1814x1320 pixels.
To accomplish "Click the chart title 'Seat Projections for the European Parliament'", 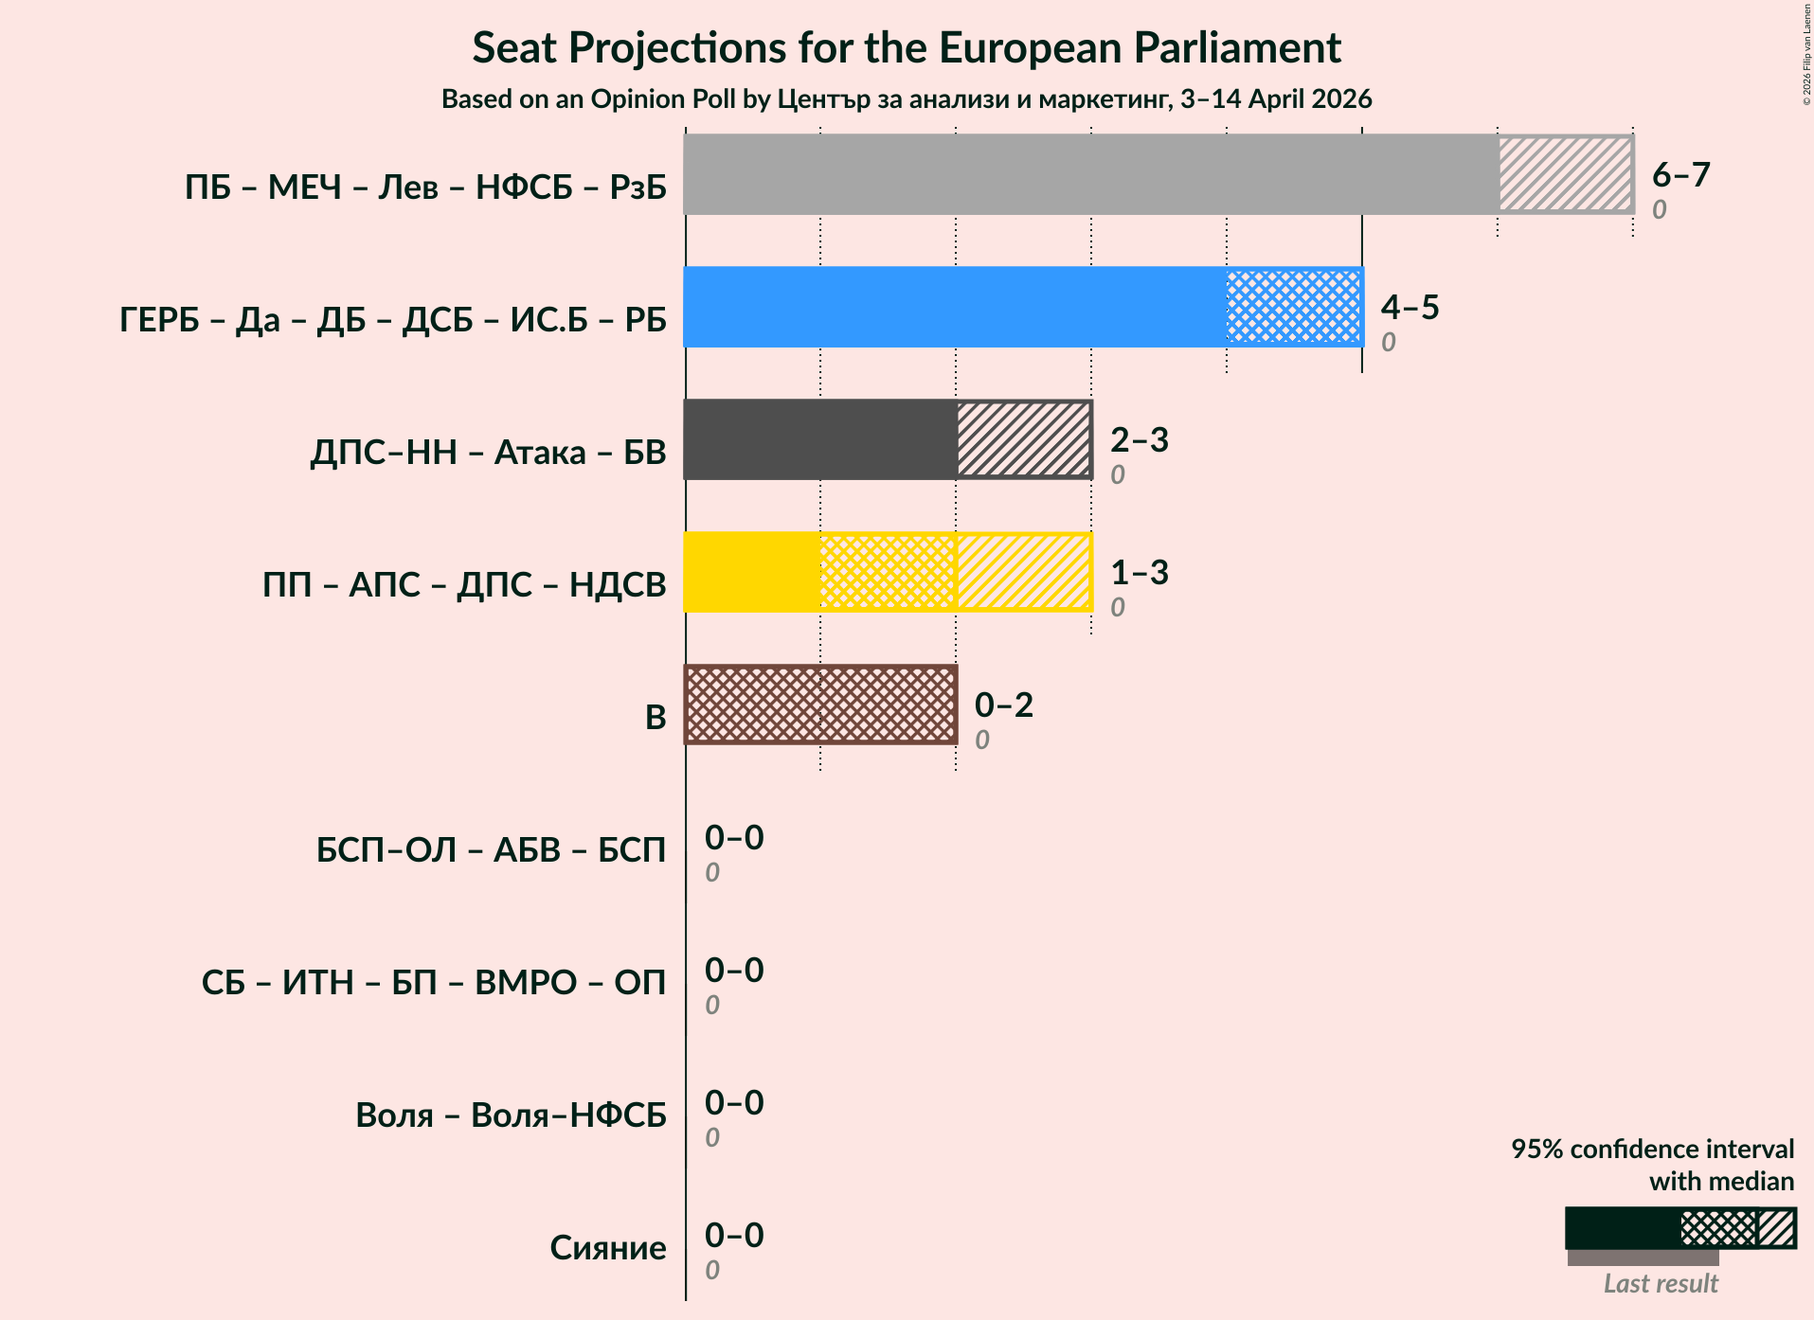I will pyautogui.click(x=907, y=47).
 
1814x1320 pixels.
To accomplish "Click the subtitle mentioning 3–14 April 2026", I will pyautogui.click(x=907, y=99).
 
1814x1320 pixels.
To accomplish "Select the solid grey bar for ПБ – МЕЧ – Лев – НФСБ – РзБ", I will pyautogui.click(x=1089, y=174).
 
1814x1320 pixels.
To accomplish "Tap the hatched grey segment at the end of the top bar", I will pyautogui.click(x=1565, y=174).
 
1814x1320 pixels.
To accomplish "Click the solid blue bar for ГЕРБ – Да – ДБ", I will pyautogui.click(x=954, y=307).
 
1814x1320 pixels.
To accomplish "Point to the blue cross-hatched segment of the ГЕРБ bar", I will pyautogui.click(x=1294, y=307).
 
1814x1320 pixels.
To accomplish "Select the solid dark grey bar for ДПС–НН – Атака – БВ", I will pyautogui.click(x=819, y=439).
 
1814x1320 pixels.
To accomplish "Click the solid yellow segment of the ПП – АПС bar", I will pyautogui.click(x=751, y=572).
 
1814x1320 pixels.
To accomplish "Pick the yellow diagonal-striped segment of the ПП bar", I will pyautogui.click(x=1023, y=572).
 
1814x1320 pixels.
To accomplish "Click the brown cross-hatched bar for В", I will pyautogui.click(x=820, y=705).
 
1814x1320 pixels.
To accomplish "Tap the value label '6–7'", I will pyautogui.click(x=1680, y=174).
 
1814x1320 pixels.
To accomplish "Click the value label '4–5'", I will pyautogui.click(x=1410, y=307).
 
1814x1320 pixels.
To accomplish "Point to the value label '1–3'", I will pyautogui.click(x=1139, y=572).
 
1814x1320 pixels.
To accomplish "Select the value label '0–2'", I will pyautogui.click(x=1003, y=705).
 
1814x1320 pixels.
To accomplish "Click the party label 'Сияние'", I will pyautogui.click(x=607, y=1248).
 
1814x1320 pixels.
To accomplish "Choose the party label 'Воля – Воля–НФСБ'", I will pyautogui.click(x=511, y=1115).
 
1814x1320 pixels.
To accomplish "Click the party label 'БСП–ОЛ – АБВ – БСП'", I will pyautogui.click(x=491, y=850).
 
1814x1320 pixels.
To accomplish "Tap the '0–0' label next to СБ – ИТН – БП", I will pyautogui.click(x=733, y=970).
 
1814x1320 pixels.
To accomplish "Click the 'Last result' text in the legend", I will pyautogui.click(x=1660, y=1284).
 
